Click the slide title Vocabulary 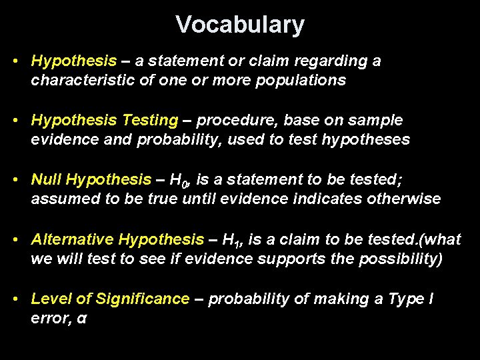pos(240,25)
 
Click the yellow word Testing pos(150,120)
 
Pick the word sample pos(378,120)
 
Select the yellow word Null pos(47,179)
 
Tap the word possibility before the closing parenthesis pos(397,259)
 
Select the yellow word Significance pos(143,299)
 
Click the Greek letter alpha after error pos(81,319)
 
